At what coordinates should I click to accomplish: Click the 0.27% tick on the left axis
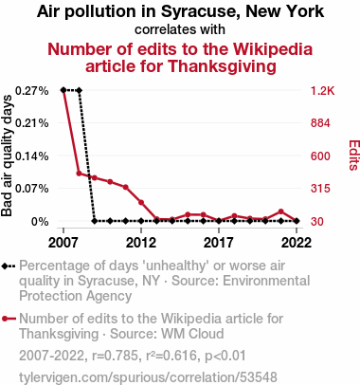click(32, 91)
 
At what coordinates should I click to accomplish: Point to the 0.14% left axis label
click(32, 156)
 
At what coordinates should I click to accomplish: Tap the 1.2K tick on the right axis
click(322, 91)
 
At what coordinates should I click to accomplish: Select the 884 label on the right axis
click(320, 123)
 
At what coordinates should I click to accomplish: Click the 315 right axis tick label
click(320, 189)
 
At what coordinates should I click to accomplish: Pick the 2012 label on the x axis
click(141, 243)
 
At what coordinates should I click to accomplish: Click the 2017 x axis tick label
click(219, 243)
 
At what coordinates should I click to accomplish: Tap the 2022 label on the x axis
click(297, 243)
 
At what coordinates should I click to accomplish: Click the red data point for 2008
click(79, 174)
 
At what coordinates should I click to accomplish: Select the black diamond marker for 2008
click(79, 90)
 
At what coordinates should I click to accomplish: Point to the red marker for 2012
click(141, 202)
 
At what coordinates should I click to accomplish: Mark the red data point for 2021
click(280, 211)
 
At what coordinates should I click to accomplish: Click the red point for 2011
click(126, 187)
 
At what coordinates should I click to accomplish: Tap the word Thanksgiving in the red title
click(222, 66)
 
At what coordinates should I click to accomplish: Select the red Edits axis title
click(354, 156)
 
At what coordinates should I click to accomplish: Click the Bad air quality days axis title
click(7, 156)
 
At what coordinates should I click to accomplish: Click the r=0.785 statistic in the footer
click(115, 356)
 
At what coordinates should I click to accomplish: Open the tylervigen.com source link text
click(148, 377)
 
